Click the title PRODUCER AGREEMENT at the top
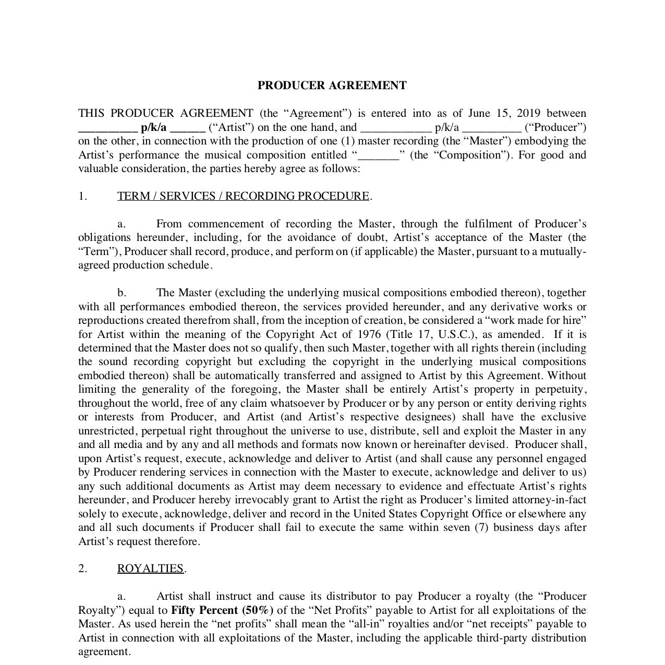tap(332, 86)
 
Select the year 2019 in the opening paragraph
tap(527, 113)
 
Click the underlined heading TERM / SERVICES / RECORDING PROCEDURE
tap(244, 196)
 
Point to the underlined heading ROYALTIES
tap(150, 569)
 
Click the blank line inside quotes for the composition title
tap(379, 155)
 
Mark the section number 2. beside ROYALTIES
tap(83, 569)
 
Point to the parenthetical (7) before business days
tap(481, 527)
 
